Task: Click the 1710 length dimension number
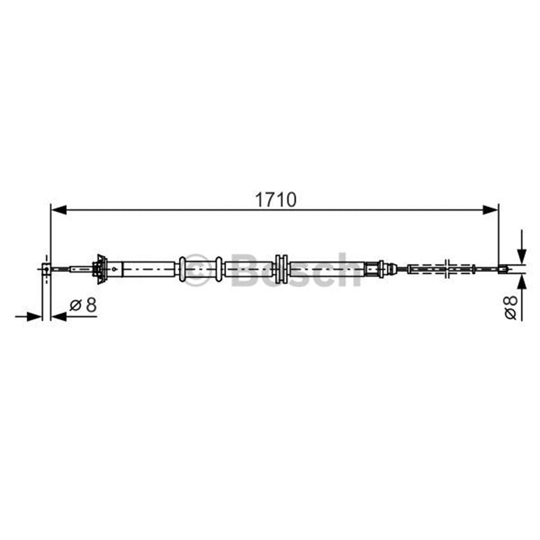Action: (x=275, y=200)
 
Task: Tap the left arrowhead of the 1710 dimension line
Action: (x=59, y=209)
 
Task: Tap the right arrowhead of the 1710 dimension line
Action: (x=491, y=209)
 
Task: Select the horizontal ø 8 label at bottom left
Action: (x=83, y=305)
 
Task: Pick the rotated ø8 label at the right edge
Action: (x=511, y=307)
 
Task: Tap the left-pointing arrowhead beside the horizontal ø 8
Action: (x=59, y=316)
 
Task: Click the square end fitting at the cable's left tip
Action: (x=46, y=269)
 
